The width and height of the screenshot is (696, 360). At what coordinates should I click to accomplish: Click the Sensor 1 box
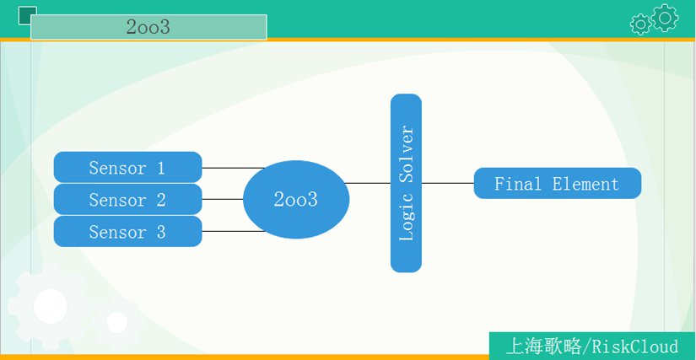[x=128, y=167]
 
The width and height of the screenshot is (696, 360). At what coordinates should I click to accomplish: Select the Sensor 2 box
[x=128, y=200]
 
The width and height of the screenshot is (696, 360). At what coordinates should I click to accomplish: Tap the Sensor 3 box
[x=128, y=231]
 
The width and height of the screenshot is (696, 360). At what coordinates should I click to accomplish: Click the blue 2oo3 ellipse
[x=296, y=200]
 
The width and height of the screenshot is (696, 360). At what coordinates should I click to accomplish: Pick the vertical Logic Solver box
[x=406, y=183]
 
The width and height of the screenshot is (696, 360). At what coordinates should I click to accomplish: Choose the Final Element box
[x=558, y=183]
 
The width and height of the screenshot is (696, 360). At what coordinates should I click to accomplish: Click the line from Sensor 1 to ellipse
[x=234, y=168]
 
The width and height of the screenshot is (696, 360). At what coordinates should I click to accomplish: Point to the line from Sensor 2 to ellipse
[x=223, y=200]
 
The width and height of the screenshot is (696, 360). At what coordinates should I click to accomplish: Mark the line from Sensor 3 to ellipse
[x=234, y=231]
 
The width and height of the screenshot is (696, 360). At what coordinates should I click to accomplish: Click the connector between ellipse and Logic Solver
[x=368, y=183]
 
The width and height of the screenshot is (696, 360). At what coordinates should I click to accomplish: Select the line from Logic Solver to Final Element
[x=448, y=183]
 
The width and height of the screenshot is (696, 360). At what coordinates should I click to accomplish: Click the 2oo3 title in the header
[x=148, y=27]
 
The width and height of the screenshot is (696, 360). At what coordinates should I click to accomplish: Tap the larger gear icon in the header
[x=665, y=18]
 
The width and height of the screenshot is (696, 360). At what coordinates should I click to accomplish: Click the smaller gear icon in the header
[x=640, y=24]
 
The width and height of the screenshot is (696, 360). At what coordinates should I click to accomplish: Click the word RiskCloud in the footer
[x=635, y=347]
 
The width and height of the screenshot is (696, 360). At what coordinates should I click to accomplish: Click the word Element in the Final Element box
[x=585, y=184]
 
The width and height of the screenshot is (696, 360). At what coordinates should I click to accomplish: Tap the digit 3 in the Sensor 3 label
[x=160, y=232]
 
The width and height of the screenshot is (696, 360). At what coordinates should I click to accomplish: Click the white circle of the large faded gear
[x=51, y=306]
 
